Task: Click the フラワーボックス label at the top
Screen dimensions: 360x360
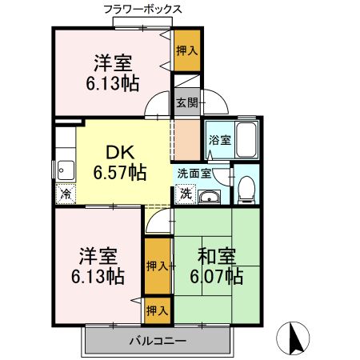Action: click(142, 10)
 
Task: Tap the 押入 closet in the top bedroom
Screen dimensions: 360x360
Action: click(187, 50)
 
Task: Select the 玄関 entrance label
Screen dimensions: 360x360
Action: click(186, 102)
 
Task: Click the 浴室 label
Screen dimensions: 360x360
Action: click(220, 140)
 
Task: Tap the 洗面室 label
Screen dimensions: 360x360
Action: click(194, 173)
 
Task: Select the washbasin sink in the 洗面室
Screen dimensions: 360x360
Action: click(210, 198)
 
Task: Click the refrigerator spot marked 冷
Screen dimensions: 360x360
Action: click(63, 193)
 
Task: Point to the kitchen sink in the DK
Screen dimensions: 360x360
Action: click(64, 170)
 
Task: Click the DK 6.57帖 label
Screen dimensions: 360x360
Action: click(120, 161)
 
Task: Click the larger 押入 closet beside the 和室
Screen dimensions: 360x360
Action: click(158, 265)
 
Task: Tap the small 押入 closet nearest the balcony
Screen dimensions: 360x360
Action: click(157, 309)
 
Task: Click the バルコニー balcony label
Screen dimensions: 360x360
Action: click(158, 342)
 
